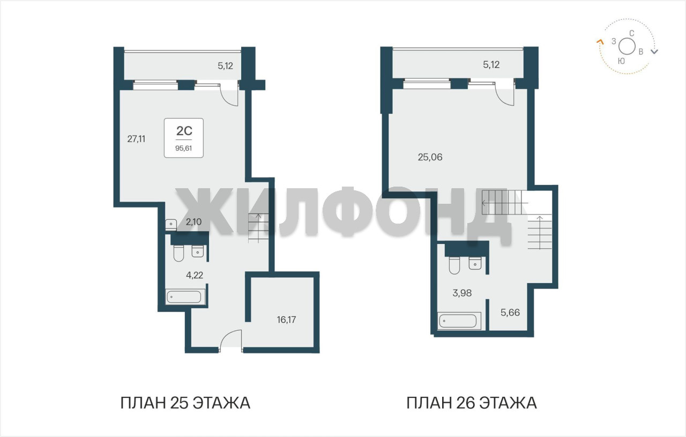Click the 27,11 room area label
tap(136, 139)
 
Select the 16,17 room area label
tap(286, 320)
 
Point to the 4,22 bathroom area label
tap(195, 275)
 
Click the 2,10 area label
tap(193, 222)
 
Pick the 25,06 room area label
tap(430, 157)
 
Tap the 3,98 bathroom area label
tap(462, 293)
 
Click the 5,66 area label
tap(510, 313)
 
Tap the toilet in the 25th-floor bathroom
tap(178, 253)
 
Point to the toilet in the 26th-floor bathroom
tap(454, 265)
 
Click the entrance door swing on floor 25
tap(230, 339)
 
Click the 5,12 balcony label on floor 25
tap(226, 66)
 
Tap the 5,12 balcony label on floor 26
tap(491, 65)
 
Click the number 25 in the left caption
tap(180, 403)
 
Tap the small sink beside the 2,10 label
tap(171, 225)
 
